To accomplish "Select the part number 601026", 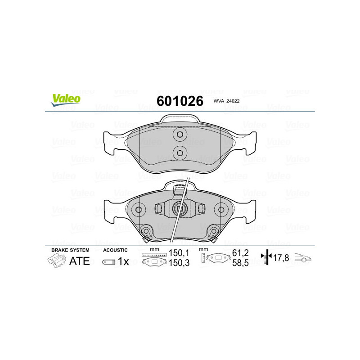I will (180, 101).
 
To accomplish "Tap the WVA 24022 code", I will (226, 102).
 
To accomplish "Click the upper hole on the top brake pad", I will (180, 135).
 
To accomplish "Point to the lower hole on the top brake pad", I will (180, 153).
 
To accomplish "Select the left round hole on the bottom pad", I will (139, 209).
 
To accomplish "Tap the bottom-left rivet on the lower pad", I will (145, 232).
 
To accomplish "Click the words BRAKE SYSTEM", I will (70, 250).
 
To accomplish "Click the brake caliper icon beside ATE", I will (56, 261).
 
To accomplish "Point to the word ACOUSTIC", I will (116, 250).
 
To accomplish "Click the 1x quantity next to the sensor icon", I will (123, 261).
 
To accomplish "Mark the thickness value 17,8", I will (282, 258).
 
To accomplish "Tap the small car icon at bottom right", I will (303, 258).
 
